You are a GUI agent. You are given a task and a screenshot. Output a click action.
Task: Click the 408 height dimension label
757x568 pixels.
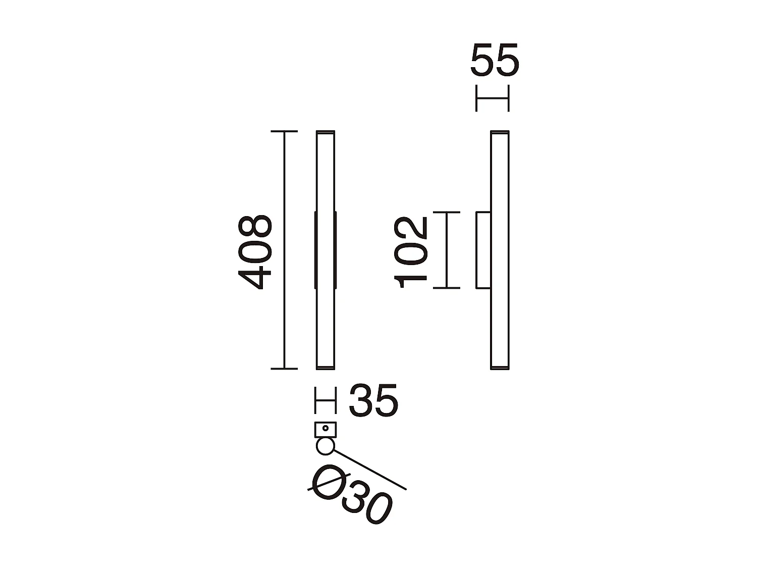click(256, 252)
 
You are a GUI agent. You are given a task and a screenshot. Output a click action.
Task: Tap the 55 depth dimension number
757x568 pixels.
click(495, 60)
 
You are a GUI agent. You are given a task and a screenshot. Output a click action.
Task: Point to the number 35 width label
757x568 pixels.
click(373, 400)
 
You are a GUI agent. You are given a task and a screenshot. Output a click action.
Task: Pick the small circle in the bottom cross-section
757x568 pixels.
click(325, 446)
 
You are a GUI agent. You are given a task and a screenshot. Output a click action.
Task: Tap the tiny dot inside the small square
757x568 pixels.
click(326, 429)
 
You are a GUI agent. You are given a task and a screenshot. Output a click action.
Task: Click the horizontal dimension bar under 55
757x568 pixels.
click(493, 98)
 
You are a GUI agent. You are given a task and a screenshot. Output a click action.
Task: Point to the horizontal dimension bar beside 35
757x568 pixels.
click(326, 400)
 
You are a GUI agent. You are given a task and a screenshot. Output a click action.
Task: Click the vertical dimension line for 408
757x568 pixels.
click(285, 250)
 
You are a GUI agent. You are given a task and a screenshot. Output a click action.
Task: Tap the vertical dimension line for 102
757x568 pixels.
click(447, 250)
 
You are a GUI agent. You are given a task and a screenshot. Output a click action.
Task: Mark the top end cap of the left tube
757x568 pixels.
click(326, 132)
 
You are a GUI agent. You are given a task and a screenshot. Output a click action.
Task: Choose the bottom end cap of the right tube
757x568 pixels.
click(500, 368)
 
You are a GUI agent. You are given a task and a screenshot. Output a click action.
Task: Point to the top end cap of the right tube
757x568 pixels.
click(500, 132)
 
